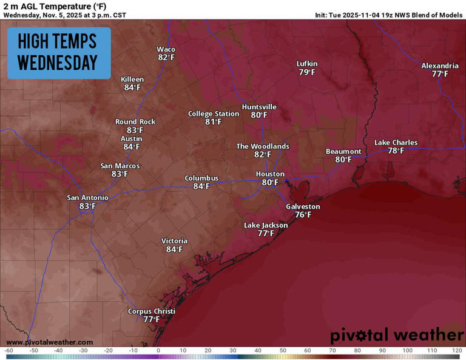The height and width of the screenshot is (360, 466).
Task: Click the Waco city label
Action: coord(166,49)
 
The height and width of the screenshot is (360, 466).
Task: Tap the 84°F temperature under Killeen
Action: coord(132,87)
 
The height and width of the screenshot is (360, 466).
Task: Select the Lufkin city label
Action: coord(307,64)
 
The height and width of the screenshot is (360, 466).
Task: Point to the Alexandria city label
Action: coord(440,66)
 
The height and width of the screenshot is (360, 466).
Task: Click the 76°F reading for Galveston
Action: coord(303,215)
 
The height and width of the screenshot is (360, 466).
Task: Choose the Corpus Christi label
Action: coord(151,311)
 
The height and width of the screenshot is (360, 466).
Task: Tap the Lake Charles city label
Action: coord(396,143)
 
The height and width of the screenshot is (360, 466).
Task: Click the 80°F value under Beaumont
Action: coord(343,160)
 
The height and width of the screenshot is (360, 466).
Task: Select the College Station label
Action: coord(213,114)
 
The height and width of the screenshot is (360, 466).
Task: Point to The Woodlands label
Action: coord(262,146)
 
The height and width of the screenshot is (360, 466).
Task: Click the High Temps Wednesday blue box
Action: coord(59,53)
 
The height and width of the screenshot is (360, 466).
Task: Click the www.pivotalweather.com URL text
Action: coord(49,342)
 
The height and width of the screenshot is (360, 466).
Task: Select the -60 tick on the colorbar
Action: coord(8,351)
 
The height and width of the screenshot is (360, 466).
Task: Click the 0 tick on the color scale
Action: coord(158,351)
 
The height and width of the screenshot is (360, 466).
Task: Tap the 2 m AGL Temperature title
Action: coord(55,6)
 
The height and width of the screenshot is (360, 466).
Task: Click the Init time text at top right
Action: coord(388,15)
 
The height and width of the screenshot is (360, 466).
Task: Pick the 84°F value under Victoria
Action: coord(174,249)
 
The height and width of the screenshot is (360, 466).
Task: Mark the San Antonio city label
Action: coord(87,198)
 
